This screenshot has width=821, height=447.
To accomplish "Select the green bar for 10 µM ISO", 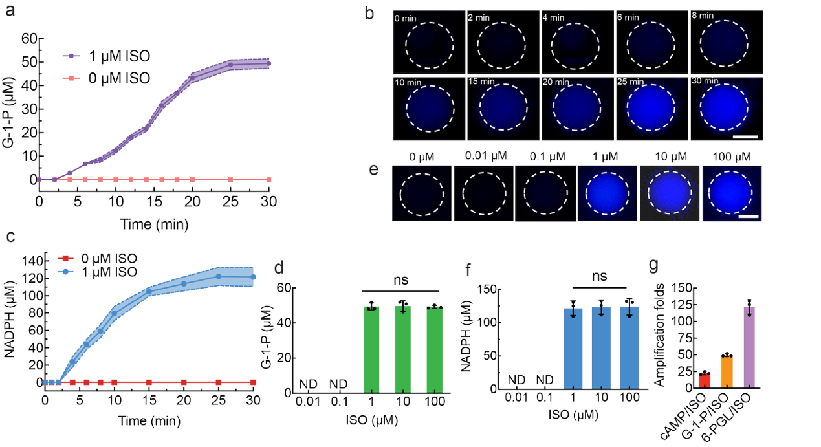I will click(x=403, y=347).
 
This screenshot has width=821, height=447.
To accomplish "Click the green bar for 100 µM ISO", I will click(x=436, y=347).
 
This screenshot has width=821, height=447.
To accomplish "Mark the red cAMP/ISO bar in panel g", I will click(x=705, y=380).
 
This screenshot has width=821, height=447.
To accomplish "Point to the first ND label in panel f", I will click(x=512, y=378).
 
